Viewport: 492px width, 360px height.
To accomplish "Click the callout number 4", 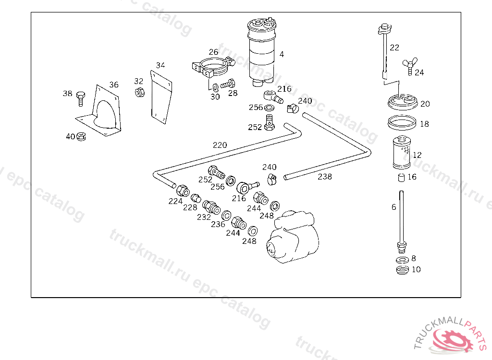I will [282, 54].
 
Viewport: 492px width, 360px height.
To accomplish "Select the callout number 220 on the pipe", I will [220, 145].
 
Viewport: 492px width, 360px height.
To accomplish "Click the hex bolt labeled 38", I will [80, 98].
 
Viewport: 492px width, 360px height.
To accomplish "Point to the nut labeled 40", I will [81, 137].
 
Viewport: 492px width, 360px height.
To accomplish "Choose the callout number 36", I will [113, 85].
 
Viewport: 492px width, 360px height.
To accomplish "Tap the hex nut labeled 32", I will [139, 92].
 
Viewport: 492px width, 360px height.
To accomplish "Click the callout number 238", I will [325, 177].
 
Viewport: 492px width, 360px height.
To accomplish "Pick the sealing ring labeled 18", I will [402, 122].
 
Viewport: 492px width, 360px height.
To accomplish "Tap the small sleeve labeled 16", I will [400, 179].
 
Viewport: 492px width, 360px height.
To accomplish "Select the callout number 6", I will [394, 207].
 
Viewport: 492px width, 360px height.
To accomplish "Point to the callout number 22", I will [394, 48].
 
